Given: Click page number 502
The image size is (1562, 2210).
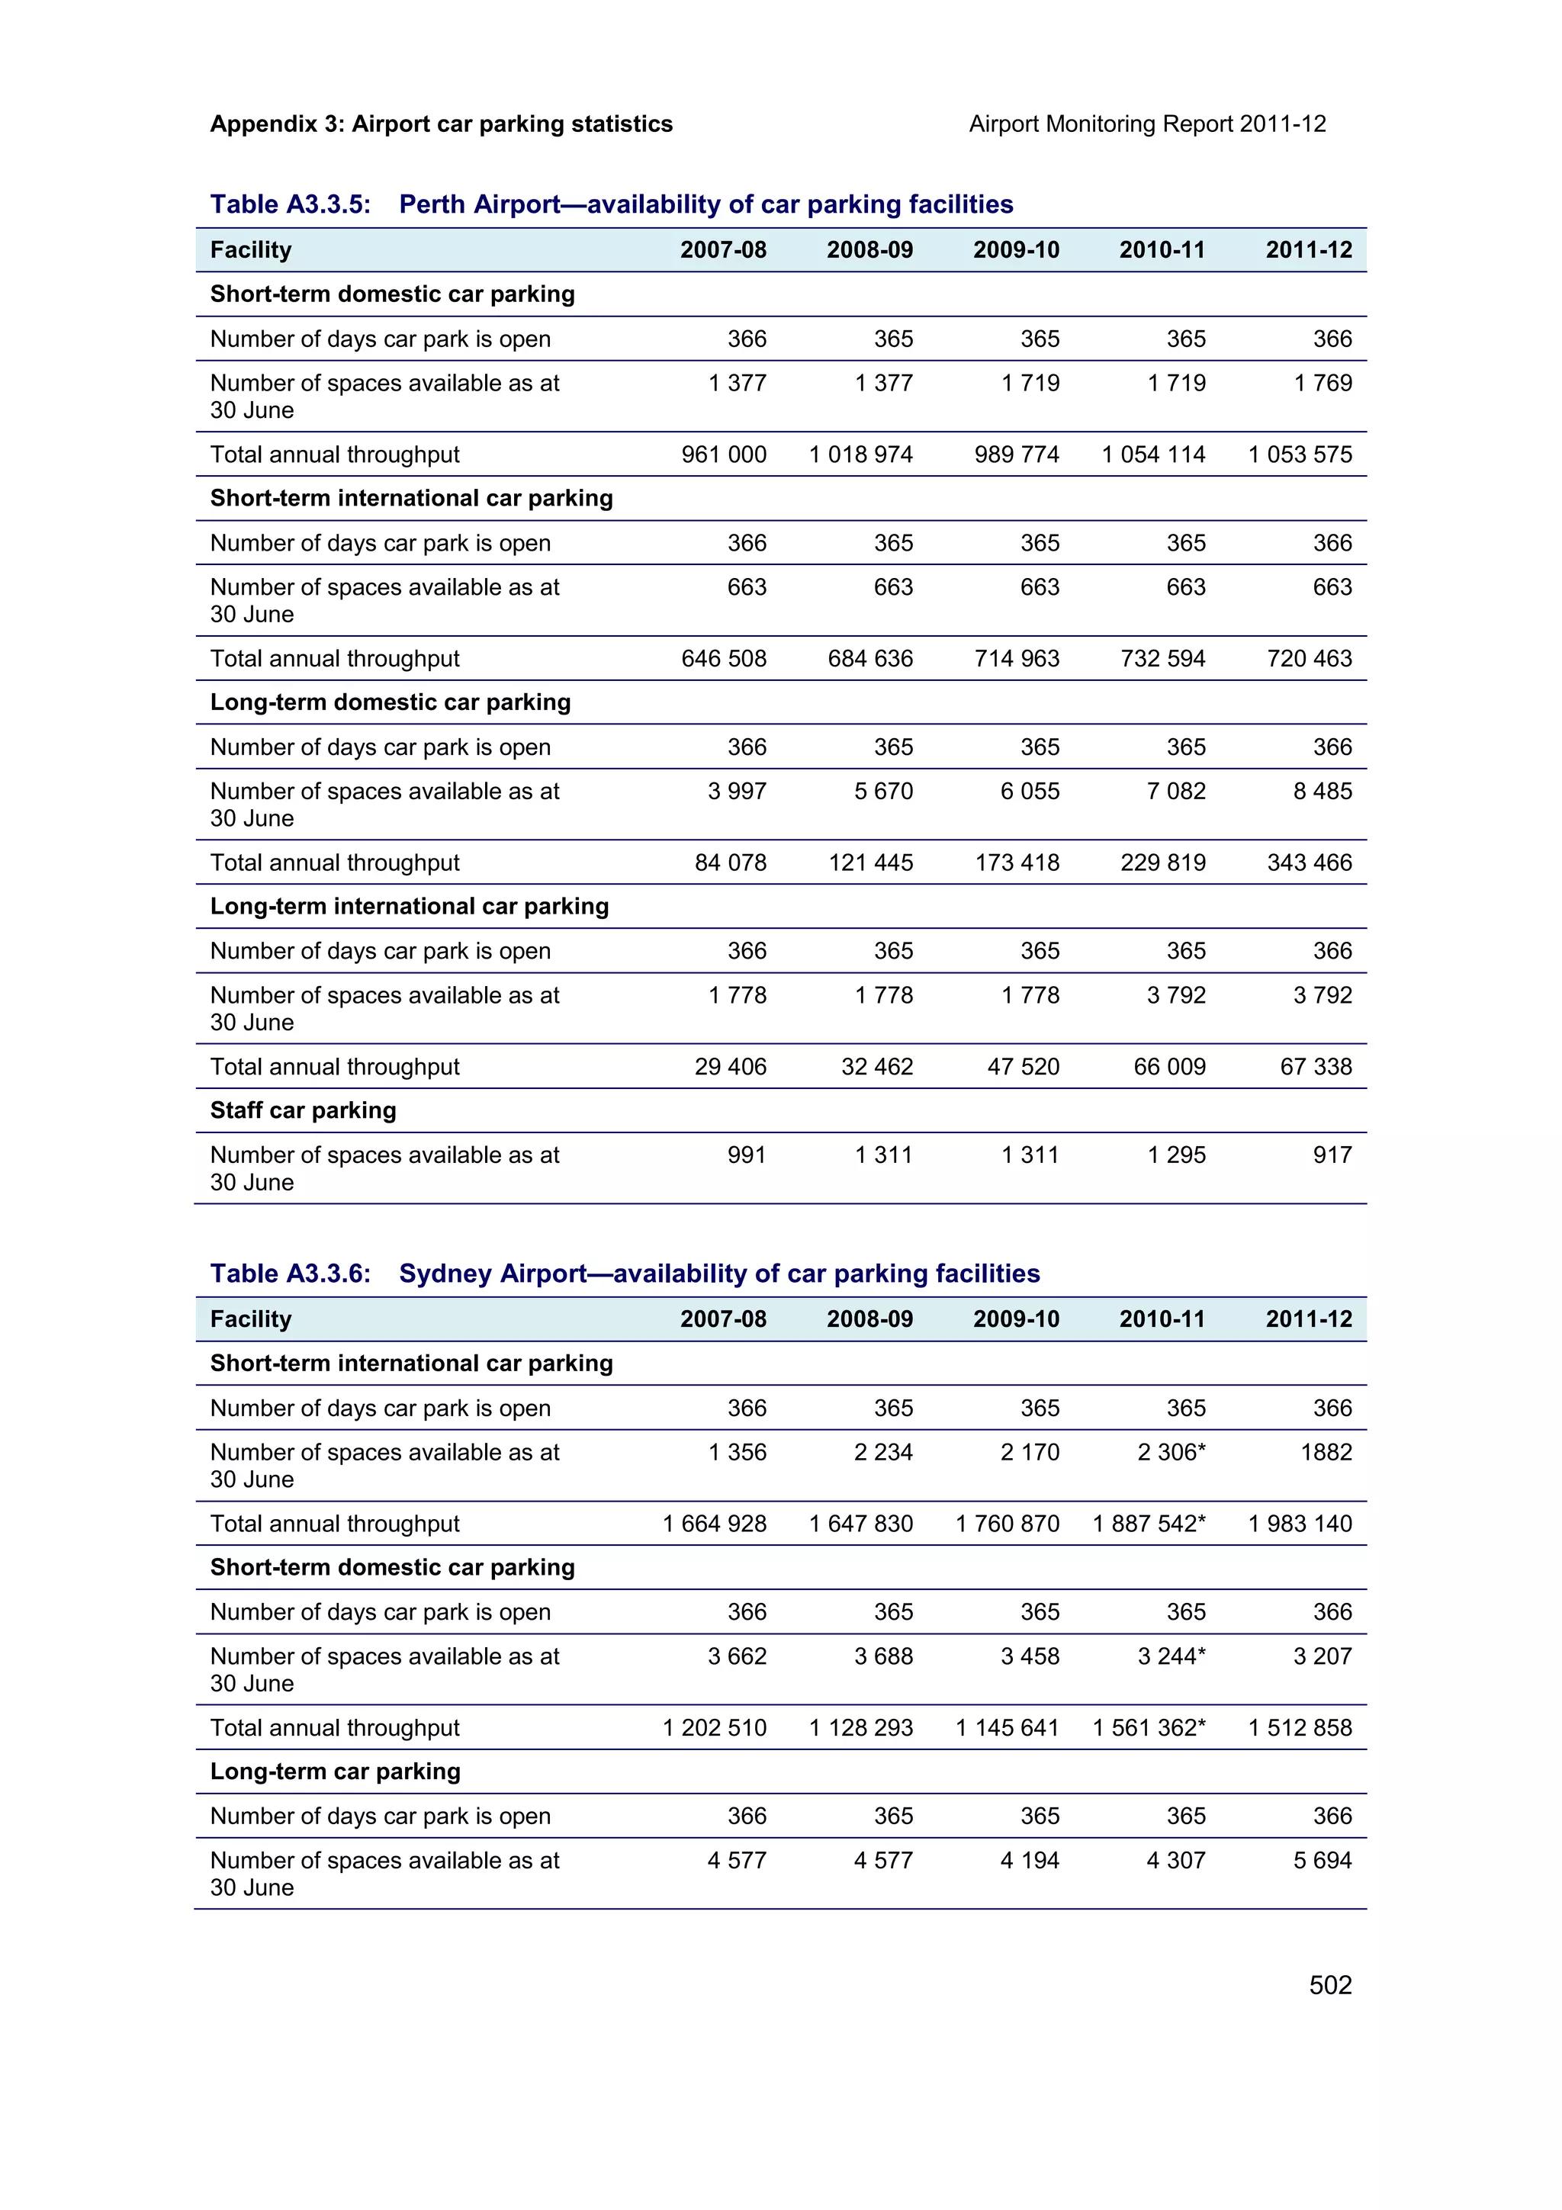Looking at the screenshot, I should click(1329, 1985).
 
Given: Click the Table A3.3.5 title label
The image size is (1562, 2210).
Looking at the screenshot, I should click(290, 204).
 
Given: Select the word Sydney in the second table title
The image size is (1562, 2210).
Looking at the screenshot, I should click(445, 1274).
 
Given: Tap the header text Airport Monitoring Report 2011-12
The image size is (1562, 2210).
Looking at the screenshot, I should click(1146, 124).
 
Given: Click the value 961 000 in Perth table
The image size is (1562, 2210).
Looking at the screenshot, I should click(724, 455).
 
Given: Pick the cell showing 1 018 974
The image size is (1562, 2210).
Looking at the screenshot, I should click(860, 455).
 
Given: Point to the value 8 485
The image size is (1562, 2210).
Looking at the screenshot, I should click(1323, 792).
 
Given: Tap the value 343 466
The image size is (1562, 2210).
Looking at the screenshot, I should click(1309, 862).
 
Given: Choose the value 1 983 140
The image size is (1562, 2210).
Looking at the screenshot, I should click(1300, 1524).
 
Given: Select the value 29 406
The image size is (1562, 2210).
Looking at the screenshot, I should click(731, 1067).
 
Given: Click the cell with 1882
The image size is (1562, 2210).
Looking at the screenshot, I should click(1326, 1453).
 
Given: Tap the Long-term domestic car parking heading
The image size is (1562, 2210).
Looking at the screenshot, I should click(390, 702).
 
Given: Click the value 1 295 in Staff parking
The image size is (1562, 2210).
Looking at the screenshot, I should click(1176, 1155).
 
